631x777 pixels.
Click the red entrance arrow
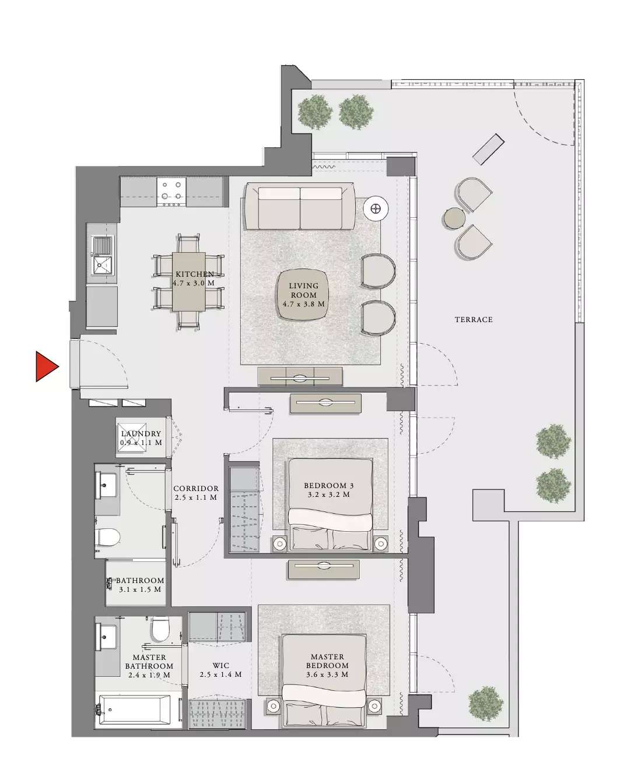tap(45, 366)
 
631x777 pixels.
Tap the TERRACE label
tap(474, 320)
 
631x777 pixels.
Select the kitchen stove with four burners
tap(171, 192)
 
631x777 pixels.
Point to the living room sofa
tap(300, 206)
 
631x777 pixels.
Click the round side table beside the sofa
tap(376, 209)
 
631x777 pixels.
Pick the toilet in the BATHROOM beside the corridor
tap(108, 538)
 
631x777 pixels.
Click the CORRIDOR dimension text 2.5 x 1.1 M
tap(196, 497)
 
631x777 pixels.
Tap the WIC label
tap(220, 665)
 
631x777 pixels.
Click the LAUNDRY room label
tap(141, 434)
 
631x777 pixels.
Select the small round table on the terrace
tap(454, 218)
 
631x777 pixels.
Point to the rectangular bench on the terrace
tap(488, 149)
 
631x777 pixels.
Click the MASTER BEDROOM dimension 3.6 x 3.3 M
tap(327, 674)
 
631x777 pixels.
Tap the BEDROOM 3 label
tap(329, 486)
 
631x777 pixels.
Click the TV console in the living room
tap(300, 376)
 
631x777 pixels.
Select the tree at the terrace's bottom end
tap(486, 704)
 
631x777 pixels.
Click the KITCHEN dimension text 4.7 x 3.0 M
tap(194, 283)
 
